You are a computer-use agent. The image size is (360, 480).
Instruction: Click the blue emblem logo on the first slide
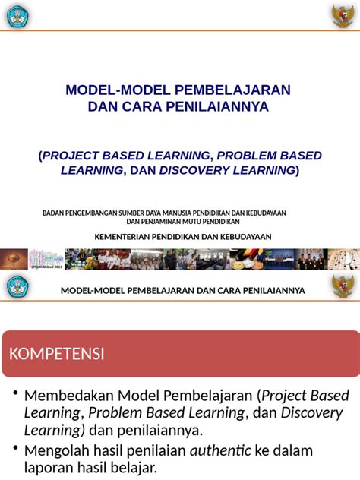(16, 15)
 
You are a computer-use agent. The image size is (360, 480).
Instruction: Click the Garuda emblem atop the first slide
(343, 15)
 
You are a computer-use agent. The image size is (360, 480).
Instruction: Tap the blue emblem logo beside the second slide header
(17, 287)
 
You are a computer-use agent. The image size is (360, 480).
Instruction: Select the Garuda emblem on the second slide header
(343, 287)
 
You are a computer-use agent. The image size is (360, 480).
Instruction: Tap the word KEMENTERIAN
(127, 237)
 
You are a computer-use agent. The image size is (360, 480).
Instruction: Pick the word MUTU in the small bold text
(191, 222)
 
